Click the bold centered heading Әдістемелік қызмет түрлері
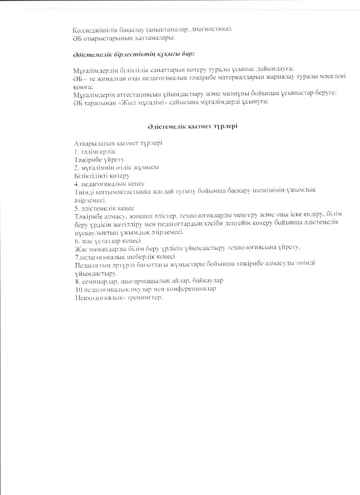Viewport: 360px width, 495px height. point(192,127)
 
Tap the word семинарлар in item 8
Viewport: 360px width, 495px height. point(98,280)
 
